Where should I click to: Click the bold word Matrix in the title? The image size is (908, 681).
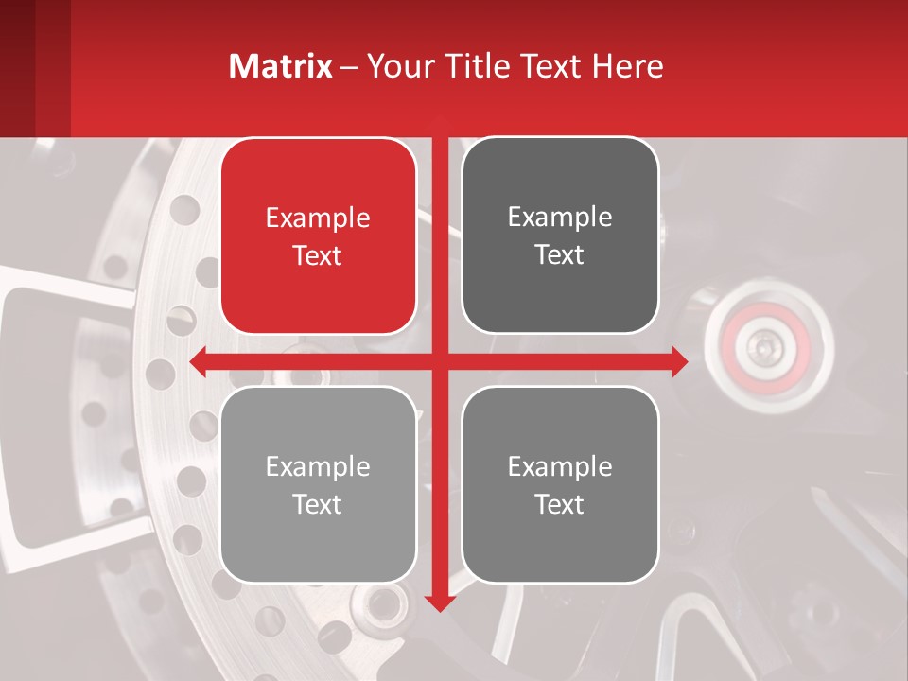(x=281, y=66)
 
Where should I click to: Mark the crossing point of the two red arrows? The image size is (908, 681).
(x=439, y=360)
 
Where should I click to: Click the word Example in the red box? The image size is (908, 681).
(x=318, y=218)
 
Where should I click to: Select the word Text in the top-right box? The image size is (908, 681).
(x=560, y=255)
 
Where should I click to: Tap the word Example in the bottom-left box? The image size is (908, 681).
(x=318, y=466)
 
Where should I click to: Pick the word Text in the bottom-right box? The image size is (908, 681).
(x=560, y=504)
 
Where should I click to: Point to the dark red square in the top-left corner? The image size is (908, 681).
(x=17, y=66)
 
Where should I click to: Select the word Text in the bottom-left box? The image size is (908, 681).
(x=318, y=504)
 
